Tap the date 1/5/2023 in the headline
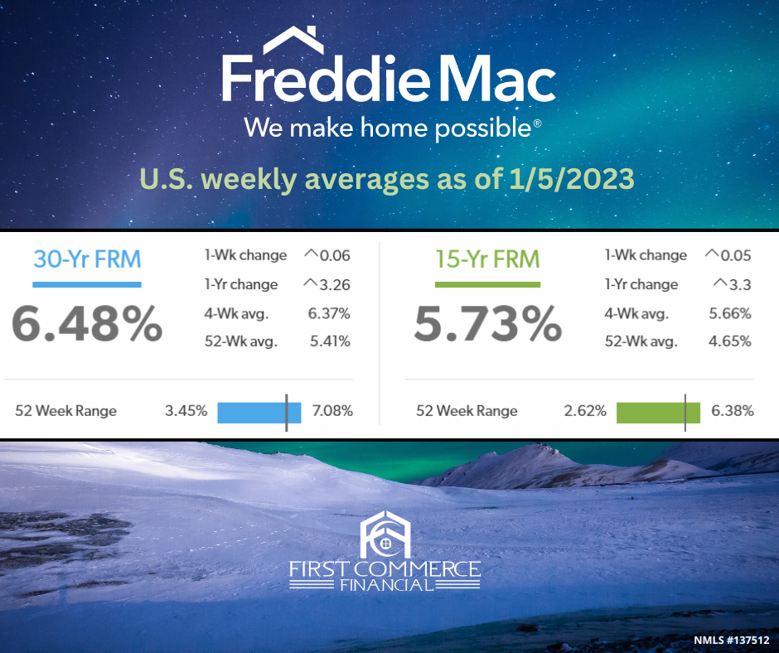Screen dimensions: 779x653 [x=571, y=179]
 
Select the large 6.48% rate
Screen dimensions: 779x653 [x=87, y=323]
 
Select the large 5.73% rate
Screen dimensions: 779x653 [x=488, y=323]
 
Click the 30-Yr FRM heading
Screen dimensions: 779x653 [x=87, y=259]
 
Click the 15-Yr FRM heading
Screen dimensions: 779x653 [x=487, y=259]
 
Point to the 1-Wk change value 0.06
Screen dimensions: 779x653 [x=335, y=255]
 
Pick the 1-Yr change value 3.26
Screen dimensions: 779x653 [x=335, y=285]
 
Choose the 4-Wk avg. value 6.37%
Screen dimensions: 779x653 [x=329, y=313]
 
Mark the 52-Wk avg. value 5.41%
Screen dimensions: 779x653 [x=330, y=341]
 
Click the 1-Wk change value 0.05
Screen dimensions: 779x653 [x=736, y=255]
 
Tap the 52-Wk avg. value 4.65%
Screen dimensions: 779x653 [x=730, y=341]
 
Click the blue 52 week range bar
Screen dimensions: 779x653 [x=259, y=413]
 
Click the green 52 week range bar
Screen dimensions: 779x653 [x=658, y=413]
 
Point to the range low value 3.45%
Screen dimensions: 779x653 [x=186, y=411]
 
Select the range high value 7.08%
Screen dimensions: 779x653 [x=332, y=411]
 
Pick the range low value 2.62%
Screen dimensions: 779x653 [x=585, y=411]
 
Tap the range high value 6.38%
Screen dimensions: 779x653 [x=733, y=411]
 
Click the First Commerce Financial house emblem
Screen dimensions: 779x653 [x=385, y=534]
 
